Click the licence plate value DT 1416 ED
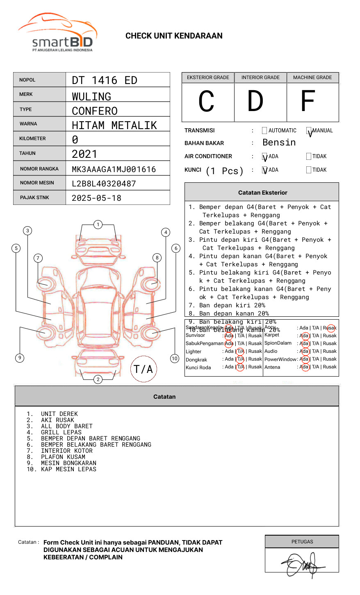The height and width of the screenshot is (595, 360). pos(105,80)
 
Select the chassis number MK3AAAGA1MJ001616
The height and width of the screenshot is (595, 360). pos(114,169)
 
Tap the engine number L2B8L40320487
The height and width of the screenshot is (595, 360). pos(104,184)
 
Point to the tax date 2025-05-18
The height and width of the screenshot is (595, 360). pos(96,198)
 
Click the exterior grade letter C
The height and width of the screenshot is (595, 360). pos(206,102)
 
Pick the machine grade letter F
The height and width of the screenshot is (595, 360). pos(308,102)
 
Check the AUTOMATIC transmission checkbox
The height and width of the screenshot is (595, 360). pos(264,131)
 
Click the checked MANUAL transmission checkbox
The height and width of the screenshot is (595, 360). pos(309,131)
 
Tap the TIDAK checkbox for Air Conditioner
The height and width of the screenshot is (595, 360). pos(309,157)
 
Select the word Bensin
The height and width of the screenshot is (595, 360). pos(279,143)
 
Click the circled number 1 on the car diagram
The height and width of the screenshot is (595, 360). pos(98,225)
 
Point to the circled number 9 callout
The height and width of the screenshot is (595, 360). pos(20,358)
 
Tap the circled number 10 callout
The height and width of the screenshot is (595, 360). pos(175,359)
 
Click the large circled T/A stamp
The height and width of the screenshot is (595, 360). pos(144,369)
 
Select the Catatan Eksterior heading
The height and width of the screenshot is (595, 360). pos(262,193)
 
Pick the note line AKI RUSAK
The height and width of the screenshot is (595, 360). pos(57,420)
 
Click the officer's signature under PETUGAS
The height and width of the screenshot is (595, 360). pos(303,565)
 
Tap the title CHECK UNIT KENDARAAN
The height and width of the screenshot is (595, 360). pos(174,36)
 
